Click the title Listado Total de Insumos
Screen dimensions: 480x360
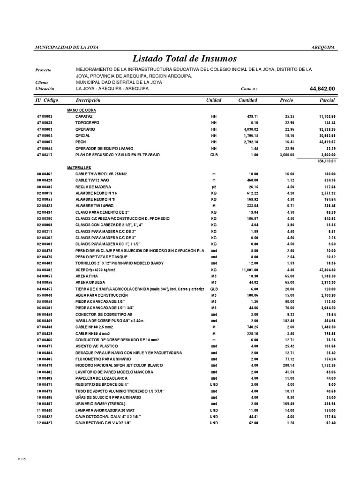(185, 59)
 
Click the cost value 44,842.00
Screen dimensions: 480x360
(322, 89)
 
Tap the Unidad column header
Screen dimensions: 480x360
(214, 100)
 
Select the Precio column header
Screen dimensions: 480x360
(286, 100)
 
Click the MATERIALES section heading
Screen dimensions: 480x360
(79, 167)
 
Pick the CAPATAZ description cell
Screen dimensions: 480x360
(84, 116)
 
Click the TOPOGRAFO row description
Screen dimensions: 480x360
(87, 122)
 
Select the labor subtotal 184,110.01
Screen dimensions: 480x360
(323, 161)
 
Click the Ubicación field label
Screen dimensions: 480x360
(45, 89)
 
